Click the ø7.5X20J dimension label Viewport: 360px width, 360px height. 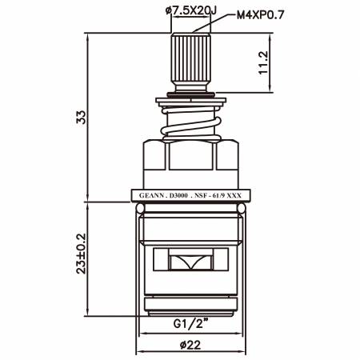[191, 11]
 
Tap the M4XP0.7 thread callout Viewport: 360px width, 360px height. [261, 15]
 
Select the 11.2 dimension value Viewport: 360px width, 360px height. [263, 62]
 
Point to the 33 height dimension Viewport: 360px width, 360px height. [81, 117]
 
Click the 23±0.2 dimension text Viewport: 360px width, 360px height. [81, 254]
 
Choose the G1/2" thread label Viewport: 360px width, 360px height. [190, 324]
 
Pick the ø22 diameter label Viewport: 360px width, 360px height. [190, 346]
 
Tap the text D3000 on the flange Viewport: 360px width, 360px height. [178, 195]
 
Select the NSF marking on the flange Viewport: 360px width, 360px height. [200, 195]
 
